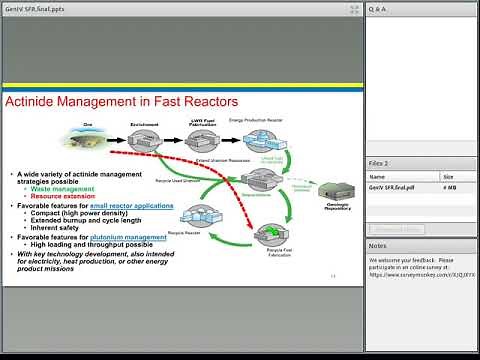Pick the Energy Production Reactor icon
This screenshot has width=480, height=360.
tap(265, 136)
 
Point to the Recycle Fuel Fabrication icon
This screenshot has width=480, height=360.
tap(272, 236)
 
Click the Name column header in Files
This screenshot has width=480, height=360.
tap(376, 177)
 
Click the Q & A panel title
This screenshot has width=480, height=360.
tap(377, 9)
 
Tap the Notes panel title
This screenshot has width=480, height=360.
tap(378, 245)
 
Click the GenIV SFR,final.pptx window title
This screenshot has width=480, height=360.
tap(35, 9)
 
